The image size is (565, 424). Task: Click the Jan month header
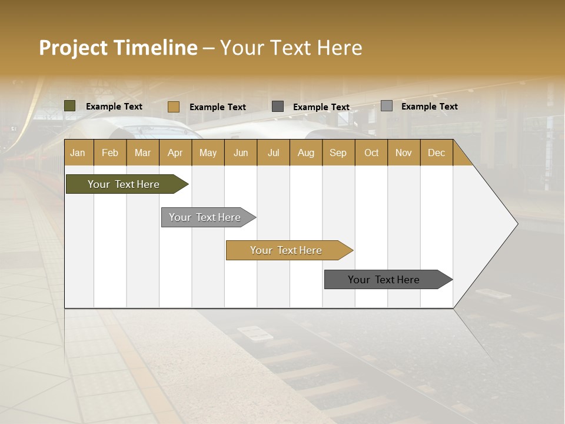[78, 153]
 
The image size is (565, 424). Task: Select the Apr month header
[175, 153]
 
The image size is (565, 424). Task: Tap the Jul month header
[273, 153]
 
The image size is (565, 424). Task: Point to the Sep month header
[338, 153]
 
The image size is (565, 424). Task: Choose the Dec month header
[436, 153]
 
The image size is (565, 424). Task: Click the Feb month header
[110, 153]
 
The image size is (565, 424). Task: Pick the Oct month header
[371, 153]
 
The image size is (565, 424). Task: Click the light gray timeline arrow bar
[206, 217]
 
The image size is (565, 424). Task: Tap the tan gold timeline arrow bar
[287, 250]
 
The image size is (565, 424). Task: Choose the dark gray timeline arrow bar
[385, 280]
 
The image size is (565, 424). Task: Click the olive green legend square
[70, 106]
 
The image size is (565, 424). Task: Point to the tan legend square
[174, 107]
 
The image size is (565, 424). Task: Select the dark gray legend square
[278, 107]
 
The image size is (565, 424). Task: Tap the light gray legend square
[387, 106]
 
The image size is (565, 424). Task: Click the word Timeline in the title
[155, 48]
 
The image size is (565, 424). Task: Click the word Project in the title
[72, 48]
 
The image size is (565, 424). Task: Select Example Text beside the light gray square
[429, 107]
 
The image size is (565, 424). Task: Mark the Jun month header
[241, 153]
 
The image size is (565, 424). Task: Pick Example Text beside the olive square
[114, 107]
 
